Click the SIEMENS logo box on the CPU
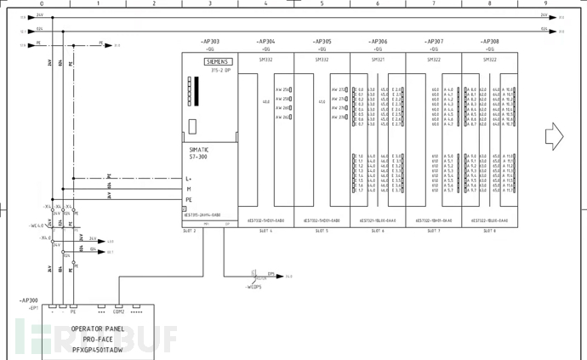coord(219,62)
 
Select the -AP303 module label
coord(209,41)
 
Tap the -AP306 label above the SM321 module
coord(378,41)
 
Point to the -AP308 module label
coord(489,41)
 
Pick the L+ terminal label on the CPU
coord(189,179)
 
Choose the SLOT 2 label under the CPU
coord(190,231)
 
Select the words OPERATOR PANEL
coord(97,329)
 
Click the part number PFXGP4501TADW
coord(97,348)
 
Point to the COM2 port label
coord(118,312)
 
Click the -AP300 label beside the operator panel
coord(29,300)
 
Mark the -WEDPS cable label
coord(253,287)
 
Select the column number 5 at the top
coord(322,4)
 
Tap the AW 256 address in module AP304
coord(282,89)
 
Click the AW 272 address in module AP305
coord(339,89)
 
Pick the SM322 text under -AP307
coord(434,59)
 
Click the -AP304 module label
coord(265,41)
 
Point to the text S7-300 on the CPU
coord(199,157)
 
